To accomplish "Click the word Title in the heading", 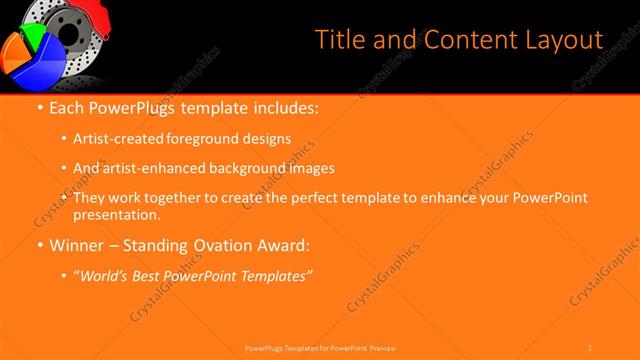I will coord(338,40).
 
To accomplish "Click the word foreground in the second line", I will coord(215,139).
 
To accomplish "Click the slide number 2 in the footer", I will coord(590,347).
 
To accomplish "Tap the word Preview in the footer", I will coord(383,347).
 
